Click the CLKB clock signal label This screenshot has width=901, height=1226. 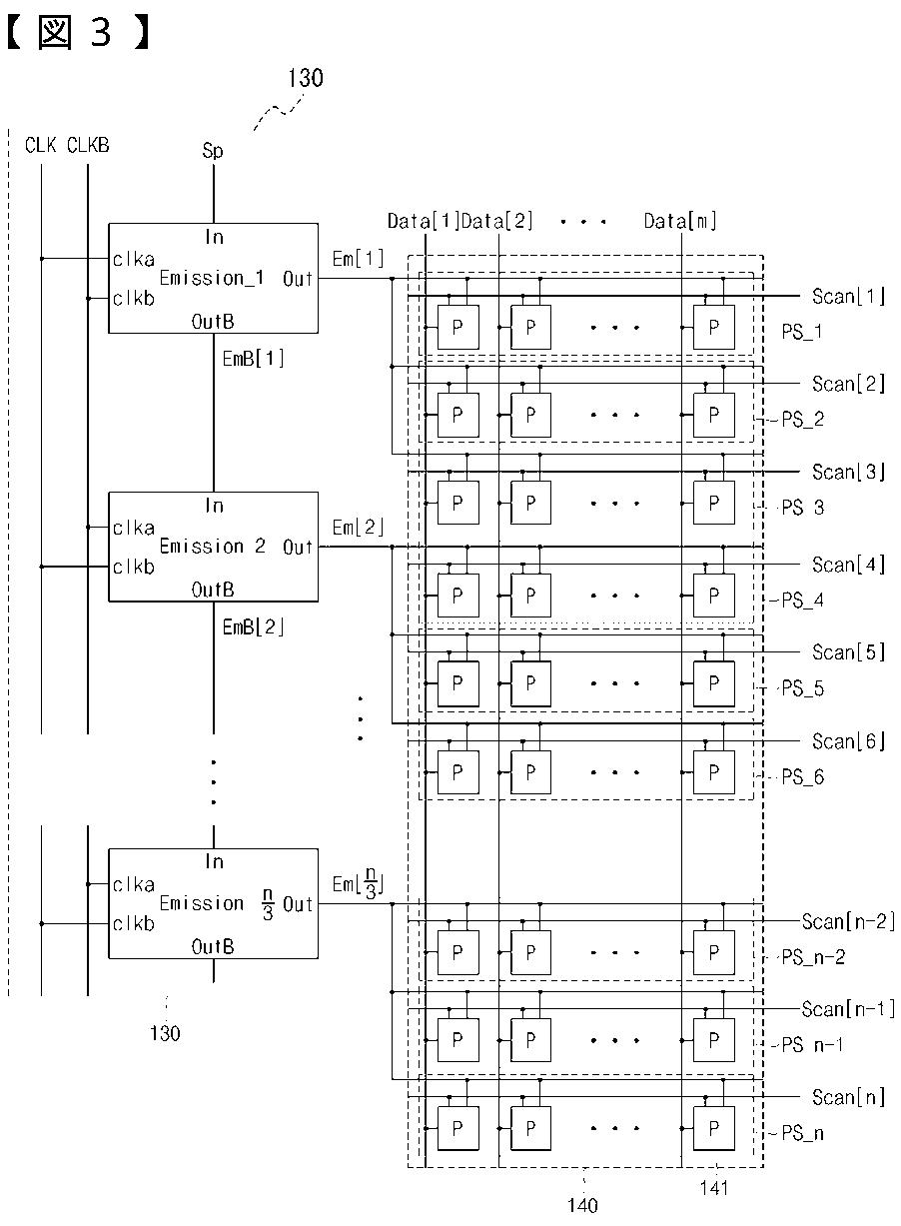pos(88,145)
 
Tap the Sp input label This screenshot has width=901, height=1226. pos(213,151)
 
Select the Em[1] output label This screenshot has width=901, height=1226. pos(359,259)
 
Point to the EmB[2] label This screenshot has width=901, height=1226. pos(254,626)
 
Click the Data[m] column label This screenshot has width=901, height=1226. pos(680,221)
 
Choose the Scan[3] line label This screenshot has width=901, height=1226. pos(848,472)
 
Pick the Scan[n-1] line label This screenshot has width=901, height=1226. pos(848,1009)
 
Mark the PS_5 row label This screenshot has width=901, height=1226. pos(802,688)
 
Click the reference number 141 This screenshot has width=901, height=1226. pos(714,1188)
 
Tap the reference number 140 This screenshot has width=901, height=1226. pos(582,1205)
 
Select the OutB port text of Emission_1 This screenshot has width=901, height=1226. pos(213,322)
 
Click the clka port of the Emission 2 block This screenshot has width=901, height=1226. pos(134,528)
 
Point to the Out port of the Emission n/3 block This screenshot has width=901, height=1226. pos(298,904)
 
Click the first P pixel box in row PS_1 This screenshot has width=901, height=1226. pos(458,328)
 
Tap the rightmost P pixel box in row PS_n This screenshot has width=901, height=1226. pos(714,1128)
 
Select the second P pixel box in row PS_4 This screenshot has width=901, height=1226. pos(530,596)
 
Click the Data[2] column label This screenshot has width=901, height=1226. pos(496,221)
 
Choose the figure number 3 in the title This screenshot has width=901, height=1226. pos(101,31)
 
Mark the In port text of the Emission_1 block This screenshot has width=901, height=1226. pos(214,237)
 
